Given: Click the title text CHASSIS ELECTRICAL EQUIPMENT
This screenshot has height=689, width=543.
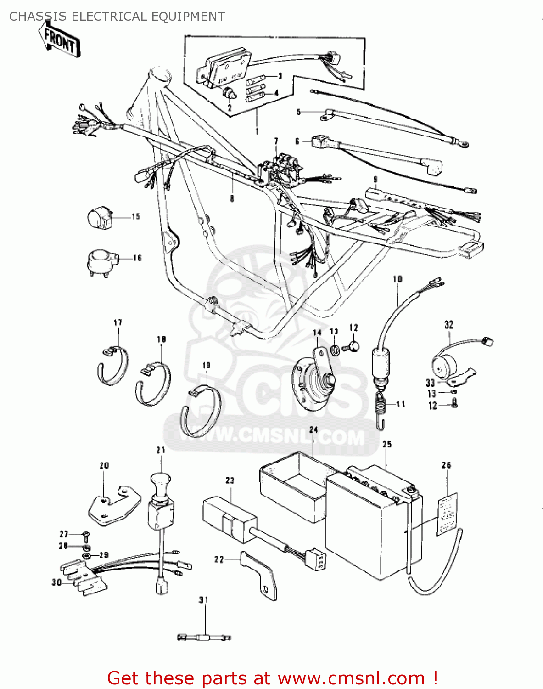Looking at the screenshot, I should (117, 17).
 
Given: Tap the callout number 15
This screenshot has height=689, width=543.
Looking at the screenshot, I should (135, 216).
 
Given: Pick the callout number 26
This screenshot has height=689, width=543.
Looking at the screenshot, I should (446, 465).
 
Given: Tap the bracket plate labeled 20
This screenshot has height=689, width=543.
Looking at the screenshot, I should (112, 505).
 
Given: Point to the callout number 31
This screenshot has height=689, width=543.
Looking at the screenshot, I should (203, 600).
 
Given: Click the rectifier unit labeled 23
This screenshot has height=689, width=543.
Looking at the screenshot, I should (230, 519).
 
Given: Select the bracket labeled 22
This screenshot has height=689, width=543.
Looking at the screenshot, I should (262, 576).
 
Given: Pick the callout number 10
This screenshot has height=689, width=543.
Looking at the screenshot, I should (397, 279).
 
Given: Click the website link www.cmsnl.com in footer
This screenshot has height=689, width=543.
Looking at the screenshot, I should (351, 678).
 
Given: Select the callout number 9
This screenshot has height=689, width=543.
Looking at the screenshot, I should (375, 179).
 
